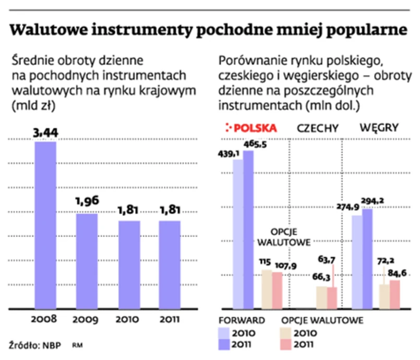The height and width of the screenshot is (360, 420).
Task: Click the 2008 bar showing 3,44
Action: [x=45, y=224]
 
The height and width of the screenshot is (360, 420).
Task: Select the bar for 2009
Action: [x=87, y=261]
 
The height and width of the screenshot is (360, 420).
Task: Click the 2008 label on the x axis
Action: [x=45, y=319]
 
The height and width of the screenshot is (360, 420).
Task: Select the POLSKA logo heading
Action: [x=251, y=128]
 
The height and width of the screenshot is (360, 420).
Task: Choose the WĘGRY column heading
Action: [x=379, y=127]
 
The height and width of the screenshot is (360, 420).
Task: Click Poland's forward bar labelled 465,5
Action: [x=248, y=230]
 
